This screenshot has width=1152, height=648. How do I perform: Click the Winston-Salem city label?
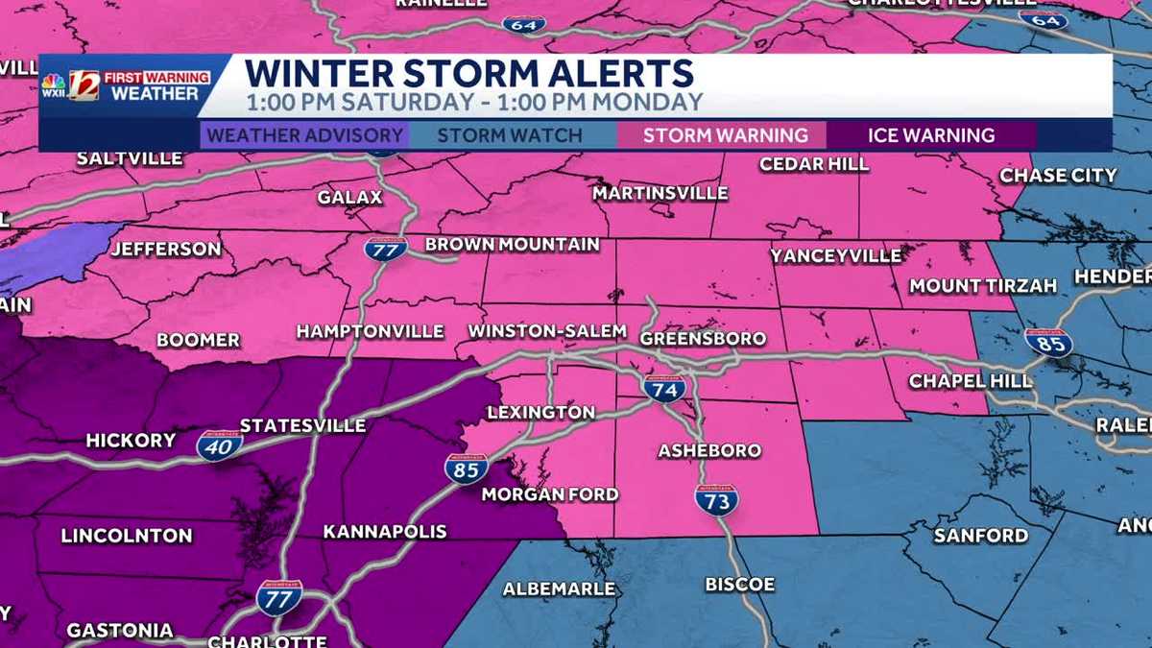tap(547, 331)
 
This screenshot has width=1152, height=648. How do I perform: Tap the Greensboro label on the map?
tap(703, 339)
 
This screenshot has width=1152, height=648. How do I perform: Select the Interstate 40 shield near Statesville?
tap(219, 445)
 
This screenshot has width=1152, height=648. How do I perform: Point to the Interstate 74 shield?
tap(664, 388)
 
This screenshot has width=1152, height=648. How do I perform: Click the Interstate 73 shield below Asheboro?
tap(716, 499)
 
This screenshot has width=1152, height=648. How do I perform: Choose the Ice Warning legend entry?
tap(931, 135)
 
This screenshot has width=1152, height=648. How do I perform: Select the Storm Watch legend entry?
tap(510, 135)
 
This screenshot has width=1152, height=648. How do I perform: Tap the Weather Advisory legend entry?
tap(304, 135)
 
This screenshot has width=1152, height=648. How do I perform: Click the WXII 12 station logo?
tap(84, 84)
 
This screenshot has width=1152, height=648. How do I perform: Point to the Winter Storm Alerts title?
tap(468, 73)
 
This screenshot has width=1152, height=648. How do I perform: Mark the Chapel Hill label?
tap(971, 381)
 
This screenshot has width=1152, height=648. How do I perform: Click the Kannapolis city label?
tap(385, 532)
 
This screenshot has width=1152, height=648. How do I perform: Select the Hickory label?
tap(131, 441)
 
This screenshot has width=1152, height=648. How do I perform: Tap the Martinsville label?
tap(660, 194)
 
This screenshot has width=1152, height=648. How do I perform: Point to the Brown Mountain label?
tap(513, 245)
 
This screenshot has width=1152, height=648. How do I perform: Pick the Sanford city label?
tap(981, 536)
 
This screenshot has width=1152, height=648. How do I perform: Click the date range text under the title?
tap(474, 102)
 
